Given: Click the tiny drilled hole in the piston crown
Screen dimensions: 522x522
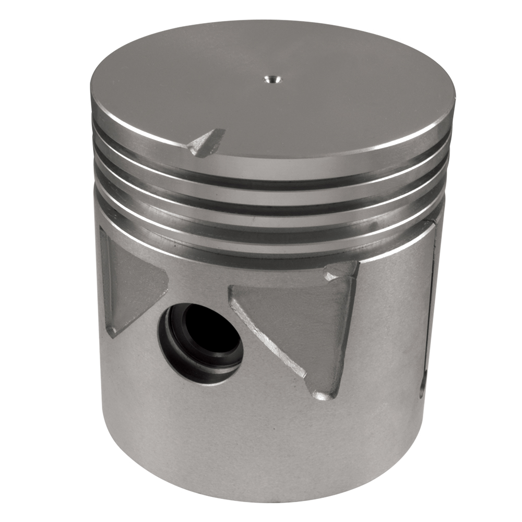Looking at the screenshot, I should click(x=272, y=79).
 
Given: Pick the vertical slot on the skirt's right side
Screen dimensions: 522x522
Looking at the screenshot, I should click(x=430, y=313).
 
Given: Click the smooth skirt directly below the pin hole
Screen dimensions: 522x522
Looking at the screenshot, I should click(x=209, y=428).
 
